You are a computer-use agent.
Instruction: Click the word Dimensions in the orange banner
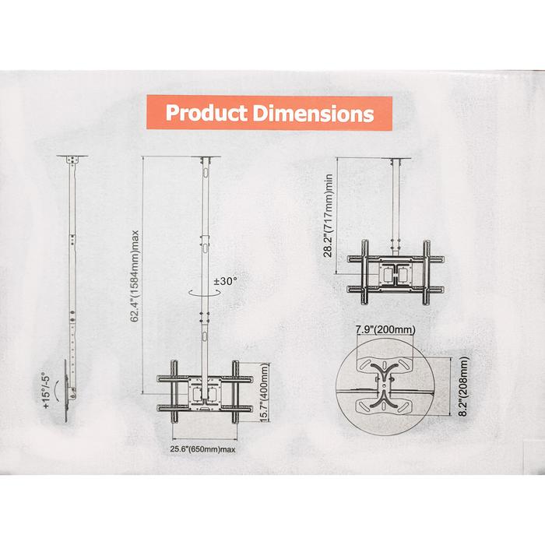[314, 114]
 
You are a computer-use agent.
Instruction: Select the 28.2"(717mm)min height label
[328, 216]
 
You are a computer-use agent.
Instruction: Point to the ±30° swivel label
[225, 281]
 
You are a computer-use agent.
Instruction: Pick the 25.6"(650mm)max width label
[202, 449]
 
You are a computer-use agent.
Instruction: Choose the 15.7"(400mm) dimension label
[265, 392]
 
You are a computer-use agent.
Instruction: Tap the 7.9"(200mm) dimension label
[386, 329]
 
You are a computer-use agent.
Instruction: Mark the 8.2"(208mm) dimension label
[464, 386]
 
